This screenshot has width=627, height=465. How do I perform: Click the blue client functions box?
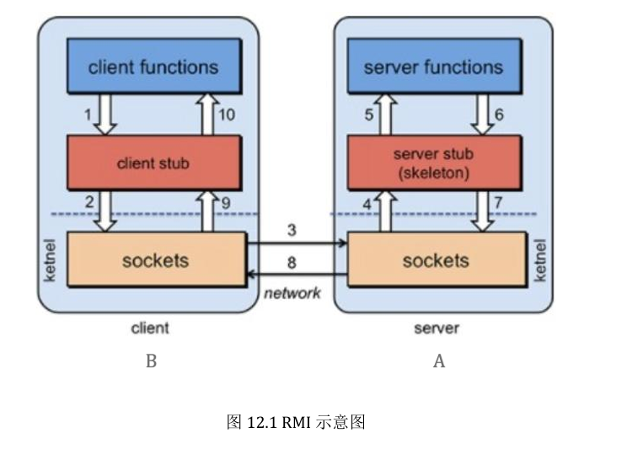tap(153, 67)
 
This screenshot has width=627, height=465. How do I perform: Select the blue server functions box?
tap(433, 67)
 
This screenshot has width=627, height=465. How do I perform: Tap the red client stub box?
tap(153, 163)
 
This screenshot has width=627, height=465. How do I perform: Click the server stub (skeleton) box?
tap(433, 163)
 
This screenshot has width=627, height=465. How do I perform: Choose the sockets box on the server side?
tap(435, 260)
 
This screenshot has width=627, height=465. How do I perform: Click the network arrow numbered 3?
tap(296, 244)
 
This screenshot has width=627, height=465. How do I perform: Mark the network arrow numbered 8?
tap(296, 275)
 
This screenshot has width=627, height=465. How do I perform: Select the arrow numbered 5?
tap(386, 115)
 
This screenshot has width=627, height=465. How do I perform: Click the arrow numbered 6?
tap(483, 115)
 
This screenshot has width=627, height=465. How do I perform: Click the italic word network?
tap(292, 293)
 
